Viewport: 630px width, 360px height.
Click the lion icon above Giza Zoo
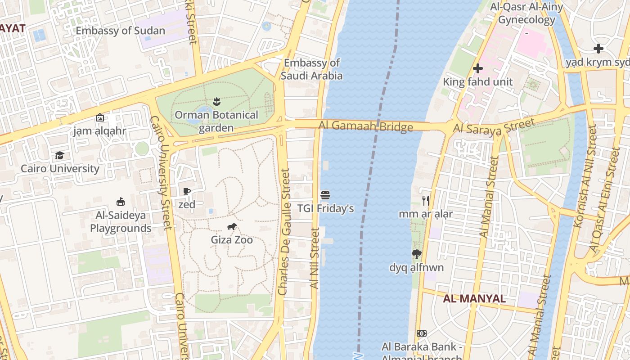click(x=232, y=227)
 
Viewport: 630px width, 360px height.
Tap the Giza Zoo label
click(x=232, y=240)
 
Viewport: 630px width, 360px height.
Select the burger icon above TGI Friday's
click(x=325, y=195)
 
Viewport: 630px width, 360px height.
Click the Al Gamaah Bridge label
click(x=365, y=126)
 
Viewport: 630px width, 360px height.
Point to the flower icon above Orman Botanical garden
click(x=216, y=102)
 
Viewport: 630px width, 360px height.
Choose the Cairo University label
click(x=60, y=169)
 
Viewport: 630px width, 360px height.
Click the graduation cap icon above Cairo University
click(x=59, y=156)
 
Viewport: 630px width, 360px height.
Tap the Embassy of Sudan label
click(x=120, y=31)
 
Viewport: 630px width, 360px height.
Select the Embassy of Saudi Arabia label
click(x=312, y=69)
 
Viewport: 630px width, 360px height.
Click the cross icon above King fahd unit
click(x=478, y=68)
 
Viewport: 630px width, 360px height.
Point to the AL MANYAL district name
click(x=474, y=299)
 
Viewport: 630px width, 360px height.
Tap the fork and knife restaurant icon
click(x=425, y=200)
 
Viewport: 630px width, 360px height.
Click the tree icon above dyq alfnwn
click(x=417, y=254)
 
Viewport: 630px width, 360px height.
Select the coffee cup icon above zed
click(x=187, y=192)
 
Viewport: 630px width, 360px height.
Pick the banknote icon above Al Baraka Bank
click(x=422, y=333)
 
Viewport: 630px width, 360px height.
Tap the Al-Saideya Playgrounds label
click(x=120, y=222)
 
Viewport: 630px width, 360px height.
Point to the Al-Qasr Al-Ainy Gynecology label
click(x=526, y=13)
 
